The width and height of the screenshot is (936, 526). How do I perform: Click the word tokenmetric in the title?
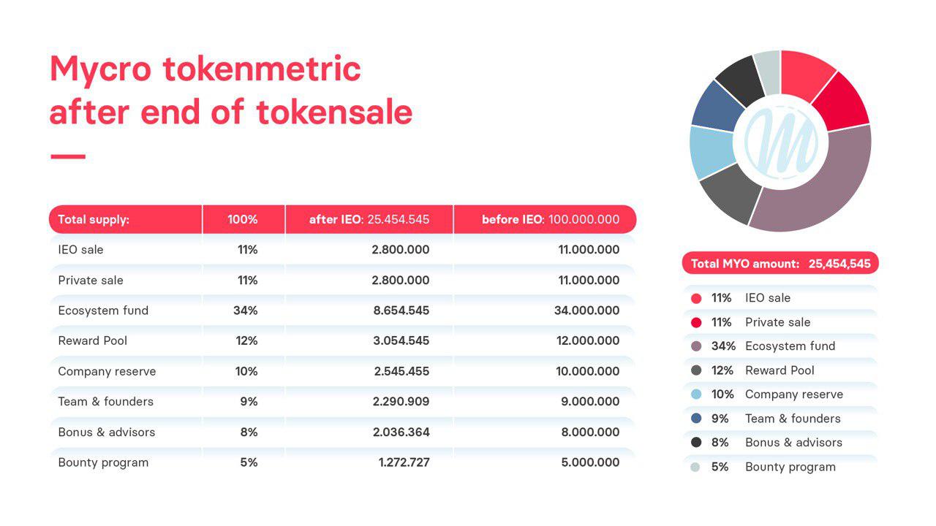[x=262, y=69]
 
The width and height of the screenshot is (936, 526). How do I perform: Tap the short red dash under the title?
[x=68, y=156]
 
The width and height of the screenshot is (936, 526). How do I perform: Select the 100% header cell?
[x=242, y=219]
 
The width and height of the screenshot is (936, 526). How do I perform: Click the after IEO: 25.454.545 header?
[x=369, y=219]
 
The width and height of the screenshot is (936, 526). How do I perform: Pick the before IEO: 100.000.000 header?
[x=551, y=219]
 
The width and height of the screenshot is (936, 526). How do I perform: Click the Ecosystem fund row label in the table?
[x=103, y=310]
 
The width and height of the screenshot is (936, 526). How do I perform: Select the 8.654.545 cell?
[x=401, y=310]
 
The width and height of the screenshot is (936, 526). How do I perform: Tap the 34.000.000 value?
[x=587, y=310]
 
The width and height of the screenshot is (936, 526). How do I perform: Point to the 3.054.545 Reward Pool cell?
[x=401, y=340]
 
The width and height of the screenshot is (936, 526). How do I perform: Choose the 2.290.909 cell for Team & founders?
[x=401, y=401]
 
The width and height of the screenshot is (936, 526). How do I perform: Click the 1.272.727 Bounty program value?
[x=404, y=462]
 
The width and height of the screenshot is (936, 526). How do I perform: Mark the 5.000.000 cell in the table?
[x=590, y=462]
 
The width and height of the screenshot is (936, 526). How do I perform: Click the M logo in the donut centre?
[x=781, y=142]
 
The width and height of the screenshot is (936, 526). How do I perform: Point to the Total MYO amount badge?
[x=780, y=264]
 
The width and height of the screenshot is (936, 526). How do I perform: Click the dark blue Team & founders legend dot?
[x=696, y=419]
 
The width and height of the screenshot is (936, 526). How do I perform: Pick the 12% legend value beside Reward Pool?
[x=722, y=370]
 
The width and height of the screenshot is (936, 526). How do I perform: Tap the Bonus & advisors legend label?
[x=794, y=443]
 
